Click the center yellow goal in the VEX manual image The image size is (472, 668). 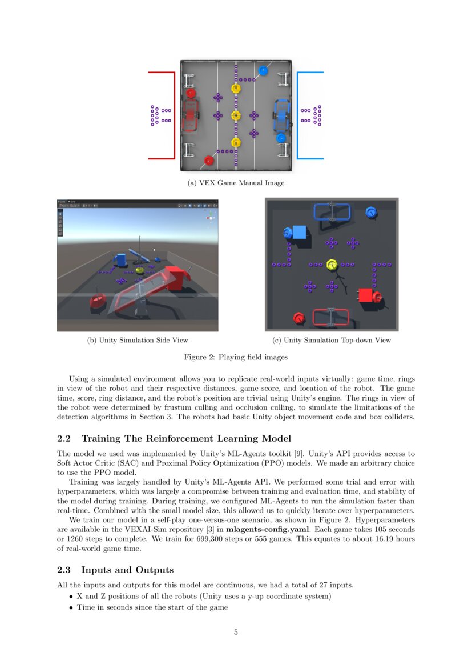[x=236, y=115]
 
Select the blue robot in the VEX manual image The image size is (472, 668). [x=282, y=115]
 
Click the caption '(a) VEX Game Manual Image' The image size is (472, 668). [x=236, y=183]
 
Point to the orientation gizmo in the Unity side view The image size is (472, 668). [x=211, y=218]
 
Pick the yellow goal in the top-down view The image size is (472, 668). [x=332, y=265]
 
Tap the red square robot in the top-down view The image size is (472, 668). [x=365, y=295]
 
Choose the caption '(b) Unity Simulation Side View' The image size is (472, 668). [x=138, y=340]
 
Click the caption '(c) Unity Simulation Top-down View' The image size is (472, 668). [x=331, y=340]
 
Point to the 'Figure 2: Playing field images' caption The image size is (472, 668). [x=236, y=357]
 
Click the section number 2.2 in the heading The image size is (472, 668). [x=65, y=438]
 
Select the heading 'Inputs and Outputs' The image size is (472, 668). [x=127, y=570]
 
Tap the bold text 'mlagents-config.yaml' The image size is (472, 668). [x=267, y=529]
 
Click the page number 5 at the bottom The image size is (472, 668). [x=236, y=632]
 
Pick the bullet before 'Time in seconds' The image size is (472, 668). [x=71, y=607]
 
